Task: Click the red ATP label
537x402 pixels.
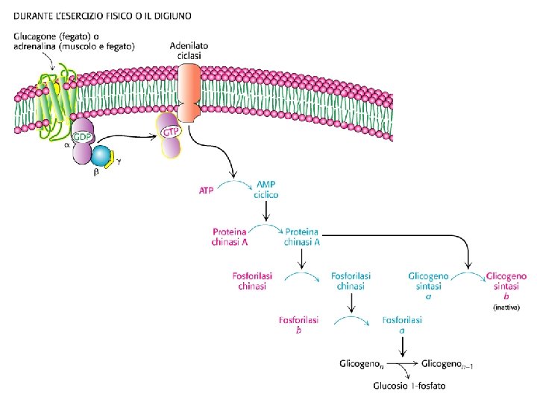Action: [x=206, y=190]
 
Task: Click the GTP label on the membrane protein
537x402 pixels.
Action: [x=170, y=133]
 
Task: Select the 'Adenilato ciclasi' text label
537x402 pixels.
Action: [x=189, y=50]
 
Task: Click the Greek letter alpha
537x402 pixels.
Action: [x=67, y=146]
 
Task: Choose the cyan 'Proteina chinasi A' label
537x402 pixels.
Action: [x=302, y=235]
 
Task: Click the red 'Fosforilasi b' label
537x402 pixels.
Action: [x=298, y=325]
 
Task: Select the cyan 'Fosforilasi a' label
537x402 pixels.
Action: [x=403, y=325]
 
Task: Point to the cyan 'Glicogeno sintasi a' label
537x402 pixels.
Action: [x=428, y=285]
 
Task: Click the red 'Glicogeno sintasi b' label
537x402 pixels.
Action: [x=506, y=285]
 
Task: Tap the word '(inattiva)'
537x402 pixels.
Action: [x=506, y=307]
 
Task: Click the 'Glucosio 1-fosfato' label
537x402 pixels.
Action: [x=409, y=386]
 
